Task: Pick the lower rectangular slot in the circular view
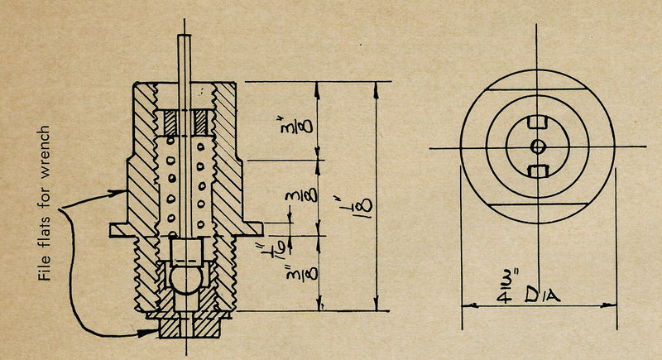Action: pyautogui.click(x=538, y=170)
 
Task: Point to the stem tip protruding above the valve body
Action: pyautogui.click(x=186, y=50)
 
